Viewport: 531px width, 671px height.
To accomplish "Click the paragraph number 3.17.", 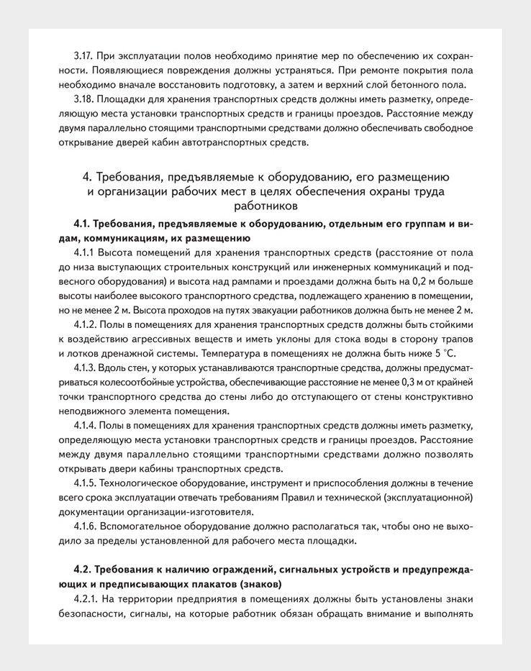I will point(85,55).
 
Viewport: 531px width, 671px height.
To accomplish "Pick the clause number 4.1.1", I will point(83,253).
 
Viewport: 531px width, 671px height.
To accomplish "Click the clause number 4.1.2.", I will point(85,325).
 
